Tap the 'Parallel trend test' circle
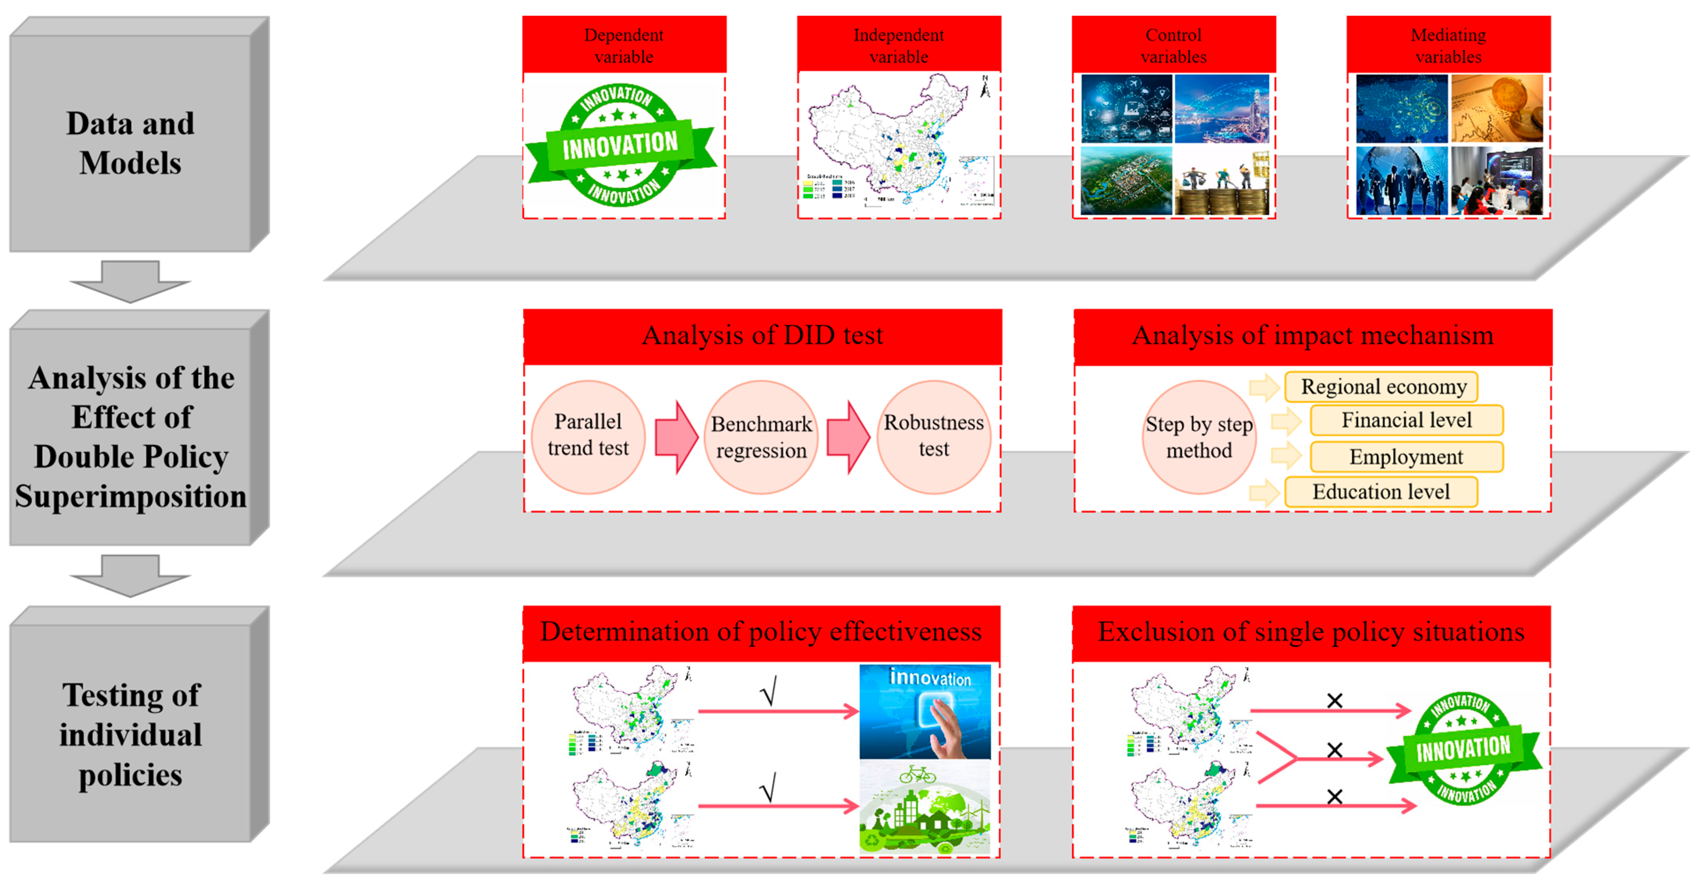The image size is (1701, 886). coord(588,436)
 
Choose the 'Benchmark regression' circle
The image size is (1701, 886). coord(761,437)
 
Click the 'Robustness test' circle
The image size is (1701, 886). coord(933,436)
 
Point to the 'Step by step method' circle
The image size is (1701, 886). coord(1199,437)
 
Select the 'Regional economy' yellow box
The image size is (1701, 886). coord(1383,386)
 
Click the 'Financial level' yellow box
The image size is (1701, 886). coord(1406,420)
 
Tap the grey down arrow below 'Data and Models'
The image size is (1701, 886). coord(130,281)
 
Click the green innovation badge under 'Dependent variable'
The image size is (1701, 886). coord(621,145)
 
